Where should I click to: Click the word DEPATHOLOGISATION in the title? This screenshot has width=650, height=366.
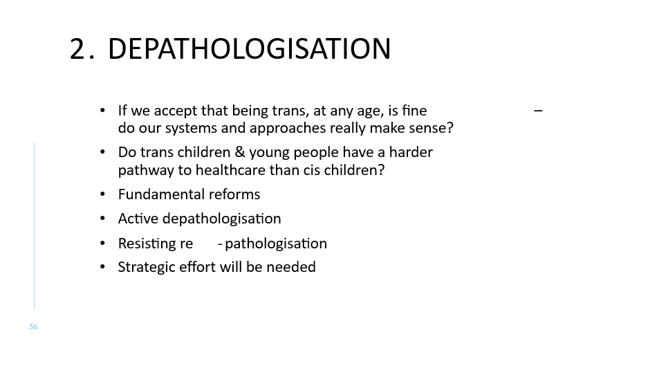(249, 49)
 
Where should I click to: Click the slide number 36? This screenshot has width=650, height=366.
(33, 327)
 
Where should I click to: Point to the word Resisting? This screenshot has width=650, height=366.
(147, 244)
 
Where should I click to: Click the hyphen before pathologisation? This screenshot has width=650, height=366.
(220, 244)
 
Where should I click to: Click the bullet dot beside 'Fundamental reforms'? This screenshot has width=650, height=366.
(103, 195)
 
